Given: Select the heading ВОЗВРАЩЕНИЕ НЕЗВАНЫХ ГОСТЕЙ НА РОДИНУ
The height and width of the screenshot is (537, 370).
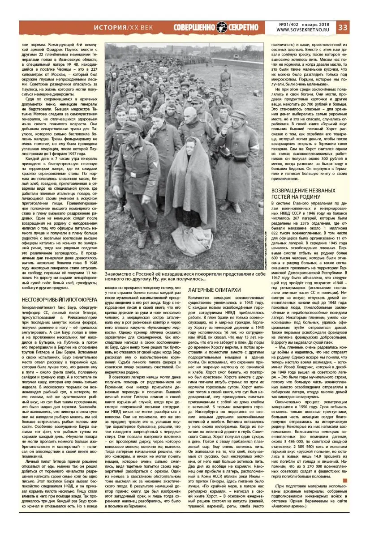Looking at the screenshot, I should [303, 194].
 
